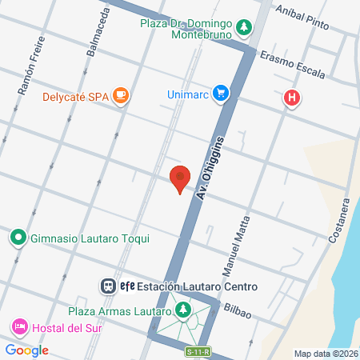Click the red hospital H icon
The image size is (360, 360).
[293, 99]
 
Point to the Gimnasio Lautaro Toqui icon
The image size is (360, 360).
[18, 238]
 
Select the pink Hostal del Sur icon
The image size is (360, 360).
[18, 327]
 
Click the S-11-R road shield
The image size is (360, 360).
[196, 350]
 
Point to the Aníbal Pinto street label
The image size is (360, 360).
[302, 14]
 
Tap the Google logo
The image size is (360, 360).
[26, 350]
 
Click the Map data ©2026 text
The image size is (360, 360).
[325, 354]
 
